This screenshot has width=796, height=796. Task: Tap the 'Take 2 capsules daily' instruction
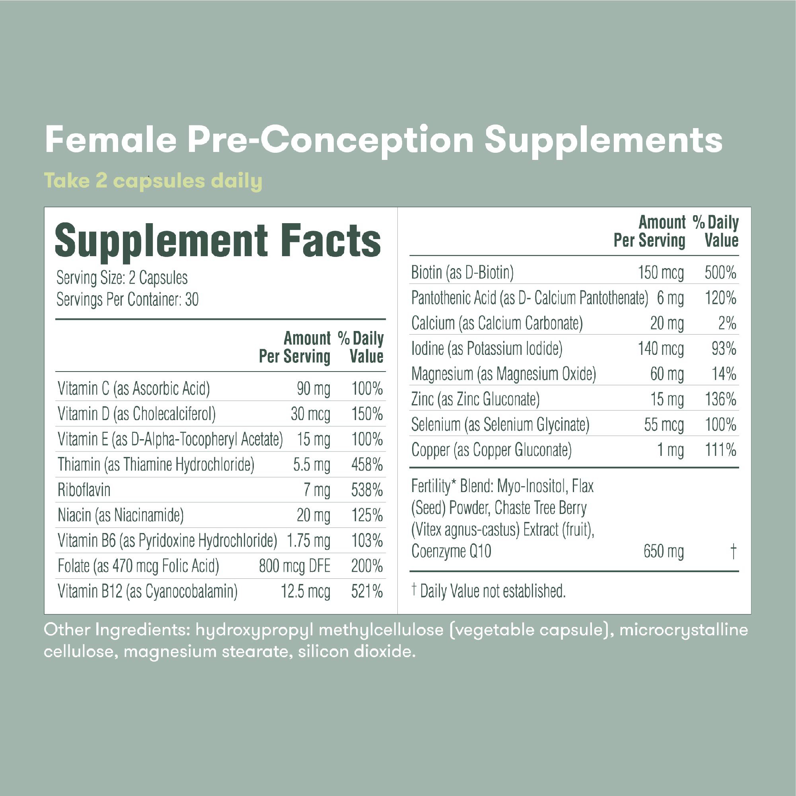[153, 181]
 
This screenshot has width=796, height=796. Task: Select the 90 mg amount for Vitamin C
[313, 389]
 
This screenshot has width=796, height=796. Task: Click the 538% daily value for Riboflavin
[367, 490]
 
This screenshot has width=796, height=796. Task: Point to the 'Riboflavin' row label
[84, 490]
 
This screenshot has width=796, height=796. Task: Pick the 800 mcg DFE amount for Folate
[294, 566]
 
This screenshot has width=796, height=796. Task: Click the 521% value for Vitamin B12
[367, 592]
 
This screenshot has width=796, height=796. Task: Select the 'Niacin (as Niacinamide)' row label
[121, 516]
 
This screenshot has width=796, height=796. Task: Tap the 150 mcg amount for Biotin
[660, 273]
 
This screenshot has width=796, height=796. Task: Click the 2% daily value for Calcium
[727, 323]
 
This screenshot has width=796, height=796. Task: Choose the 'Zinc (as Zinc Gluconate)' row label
[475, 399]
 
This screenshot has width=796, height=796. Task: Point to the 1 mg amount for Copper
[670, 450]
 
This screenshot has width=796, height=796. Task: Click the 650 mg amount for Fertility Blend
[664, 551]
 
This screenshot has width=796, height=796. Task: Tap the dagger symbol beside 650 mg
[733, 551]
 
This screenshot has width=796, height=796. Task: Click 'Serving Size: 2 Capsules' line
[122, 278]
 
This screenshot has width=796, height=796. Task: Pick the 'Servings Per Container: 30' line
[127, 300]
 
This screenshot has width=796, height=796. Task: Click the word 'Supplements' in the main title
[603, 140]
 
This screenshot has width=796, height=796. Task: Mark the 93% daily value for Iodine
[724, 349]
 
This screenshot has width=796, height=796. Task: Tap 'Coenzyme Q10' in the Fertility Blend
[451, 551]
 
